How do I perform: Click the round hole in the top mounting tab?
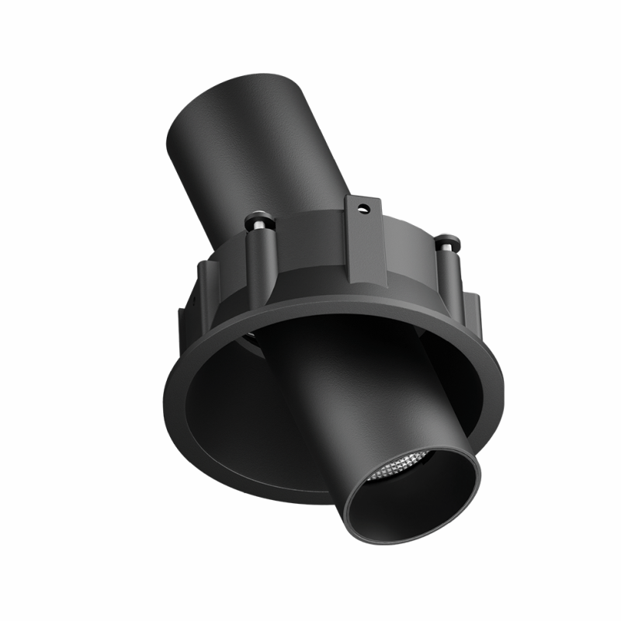pos(362,207)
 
